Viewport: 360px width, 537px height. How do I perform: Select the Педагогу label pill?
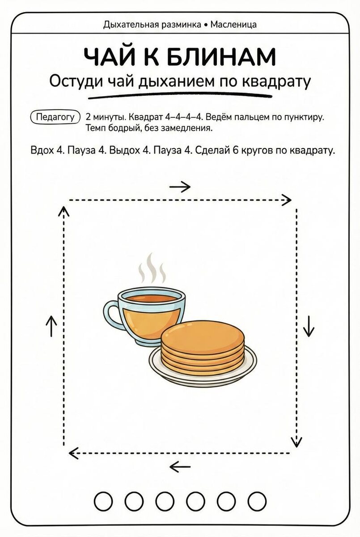click(x=55, y=117)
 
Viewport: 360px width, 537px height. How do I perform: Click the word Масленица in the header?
click(x=233, y=24)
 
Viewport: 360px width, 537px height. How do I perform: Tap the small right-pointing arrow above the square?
click(x=180, y=187)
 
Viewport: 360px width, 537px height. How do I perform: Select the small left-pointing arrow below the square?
click(x=180, y=468)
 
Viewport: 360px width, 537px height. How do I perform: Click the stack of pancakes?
click(x=203, y=345)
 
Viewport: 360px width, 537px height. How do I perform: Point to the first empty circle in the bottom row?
click(x=104, y=501)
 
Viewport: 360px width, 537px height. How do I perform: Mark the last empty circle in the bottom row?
click(x=257, y=501)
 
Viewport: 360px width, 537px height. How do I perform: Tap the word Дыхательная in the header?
click(x=129, y=24)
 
